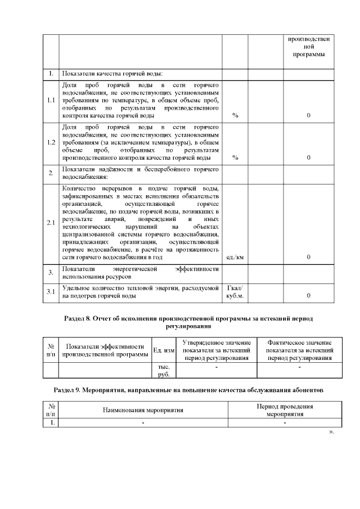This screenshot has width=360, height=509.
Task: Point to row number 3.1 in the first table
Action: [x=51, y=291]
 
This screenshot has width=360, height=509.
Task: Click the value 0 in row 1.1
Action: [x=308, y=115]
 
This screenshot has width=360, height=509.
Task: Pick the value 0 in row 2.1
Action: [x=308, y=257]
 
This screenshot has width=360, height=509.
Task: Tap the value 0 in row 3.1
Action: [x=308, y=295]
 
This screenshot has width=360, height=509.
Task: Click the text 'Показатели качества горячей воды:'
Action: [x=112, y=74]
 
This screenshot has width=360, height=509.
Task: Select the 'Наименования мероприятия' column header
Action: [x=143, y=410]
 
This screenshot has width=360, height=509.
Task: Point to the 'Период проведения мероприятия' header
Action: [x=285, y=410]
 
